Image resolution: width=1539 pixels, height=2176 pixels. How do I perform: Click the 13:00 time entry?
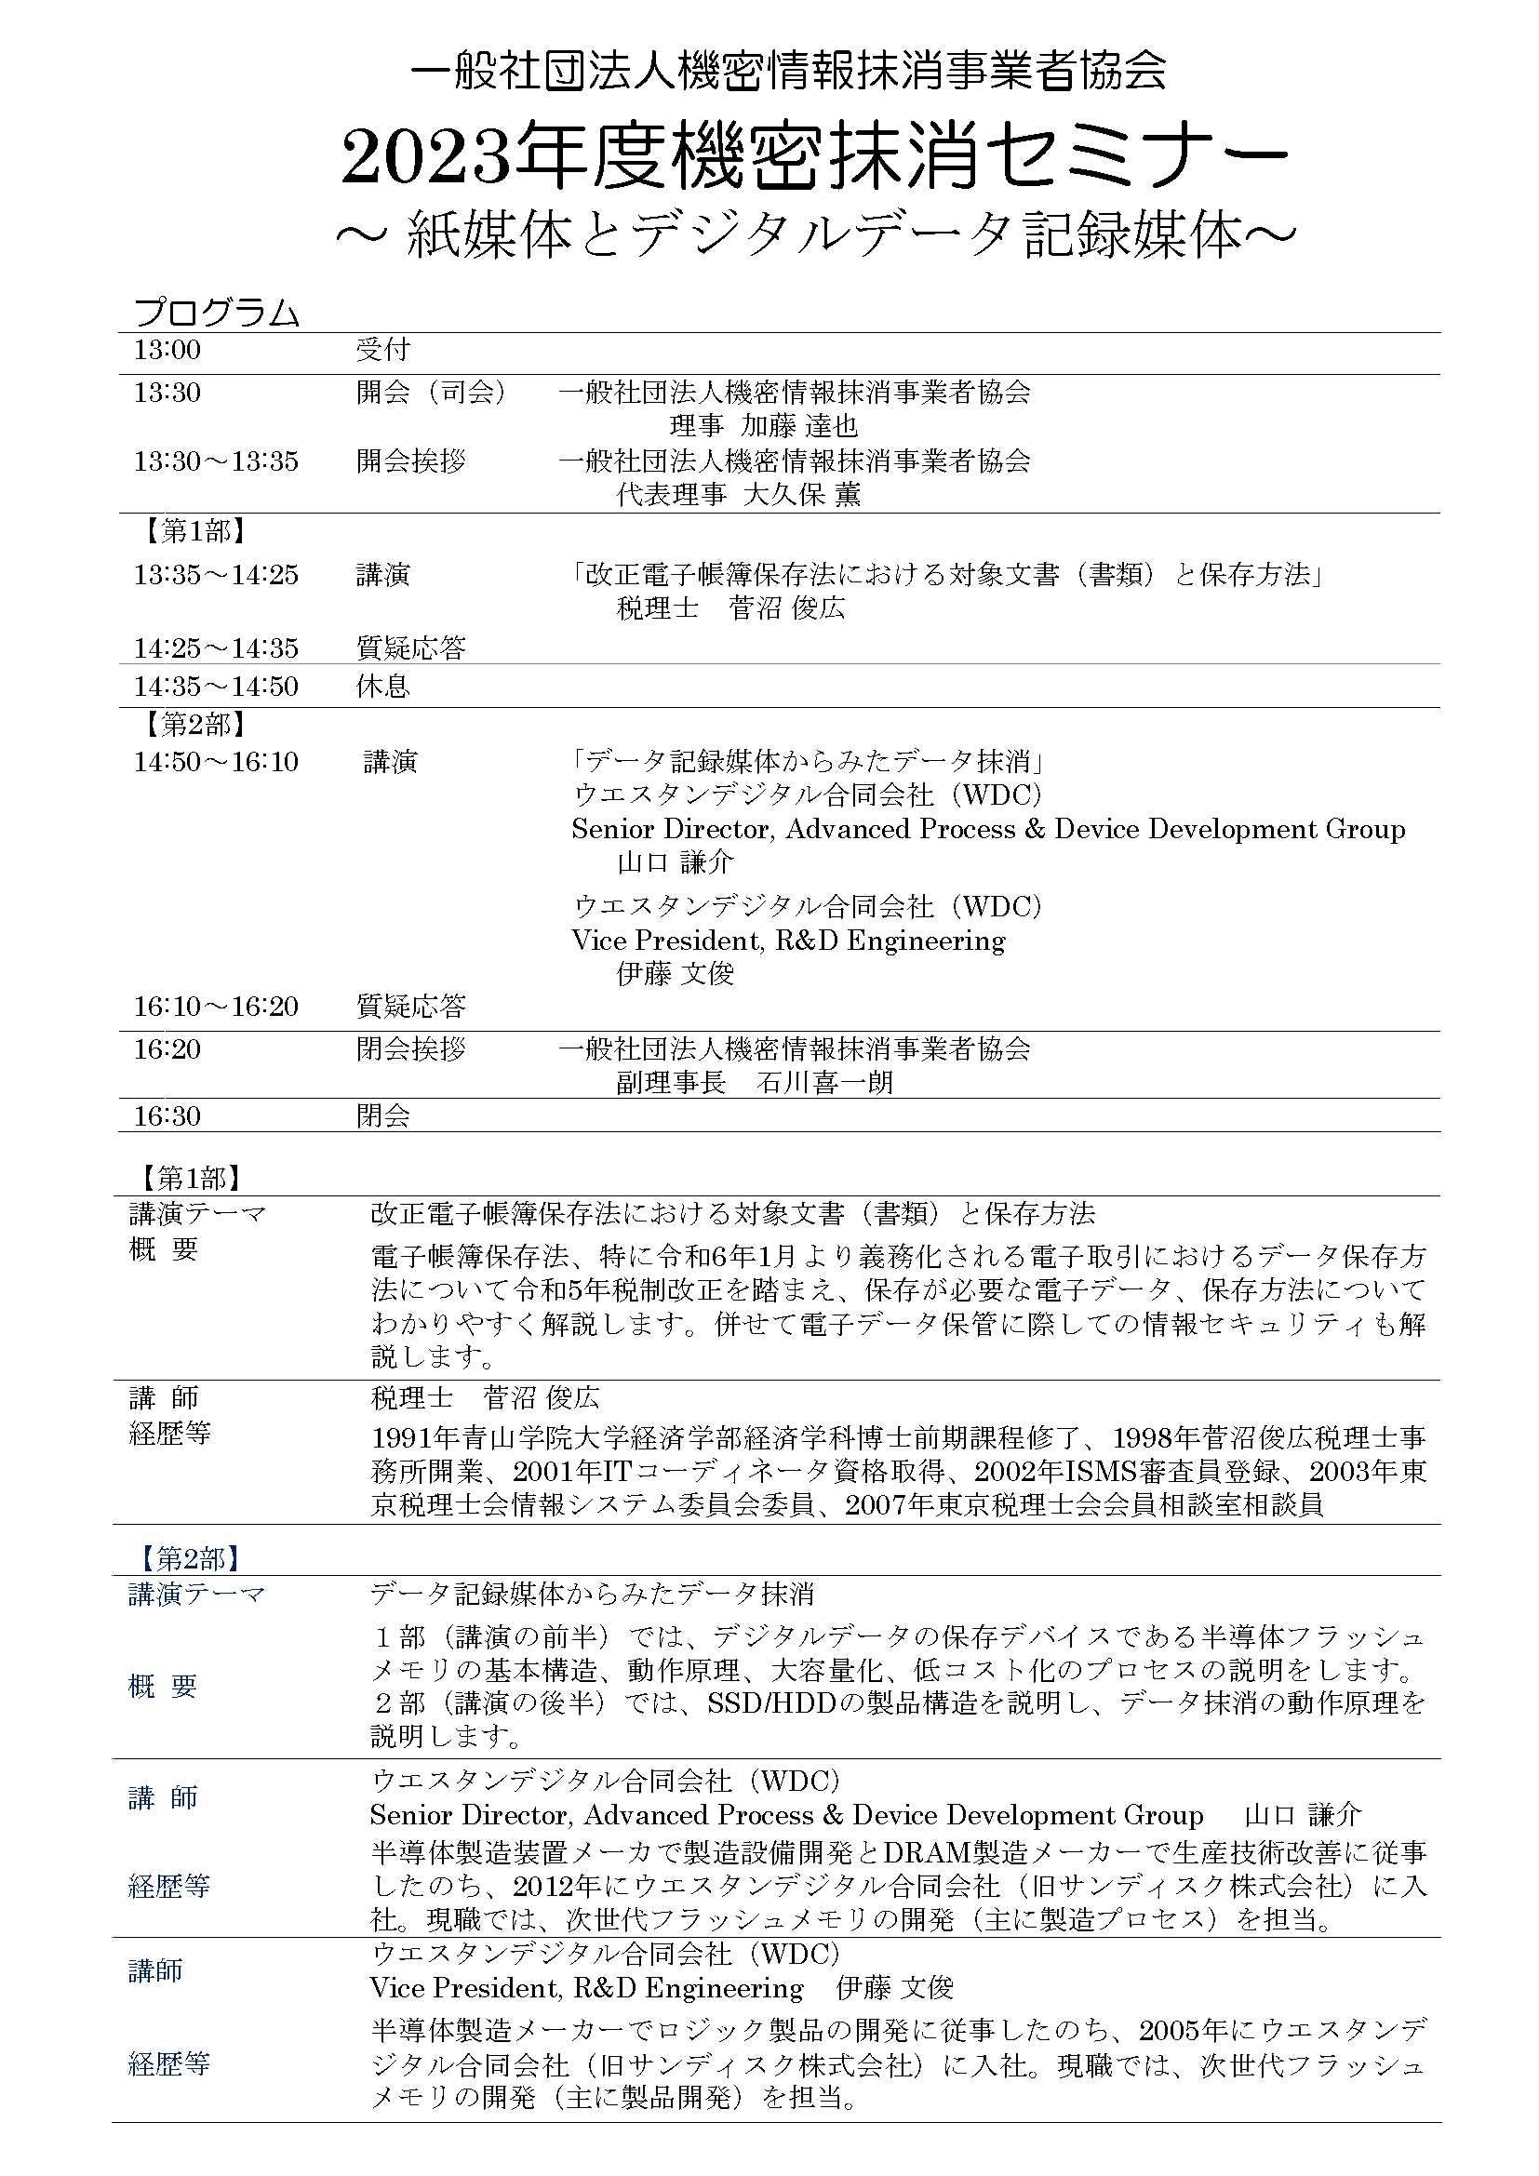pos(167,350)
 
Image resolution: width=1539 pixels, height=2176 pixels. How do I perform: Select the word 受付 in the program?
pos(382,350)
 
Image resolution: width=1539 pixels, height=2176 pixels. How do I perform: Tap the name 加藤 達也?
pos(800,425)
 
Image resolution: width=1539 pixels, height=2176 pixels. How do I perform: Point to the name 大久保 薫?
pos(802,494)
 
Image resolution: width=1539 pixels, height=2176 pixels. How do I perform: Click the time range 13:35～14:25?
pos(216,574)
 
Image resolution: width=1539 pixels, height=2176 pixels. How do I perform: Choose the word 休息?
pos(382,687)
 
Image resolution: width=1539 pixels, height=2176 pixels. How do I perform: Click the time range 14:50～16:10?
pos(216,761)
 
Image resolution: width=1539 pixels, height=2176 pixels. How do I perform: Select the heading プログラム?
pos(217,313)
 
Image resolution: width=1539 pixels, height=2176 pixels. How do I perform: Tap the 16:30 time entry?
pos(167,1115)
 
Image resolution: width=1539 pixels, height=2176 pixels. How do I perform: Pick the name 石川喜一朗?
pos(825,1082)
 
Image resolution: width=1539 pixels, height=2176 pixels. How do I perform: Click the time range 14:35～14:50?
pos(216,687)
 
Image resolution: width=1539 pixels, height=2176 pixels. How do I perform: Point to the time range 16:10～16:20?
pos(216,1007)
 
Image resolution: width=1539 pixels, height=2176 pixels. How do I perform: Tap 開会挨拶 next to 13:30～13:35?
pos(410,461)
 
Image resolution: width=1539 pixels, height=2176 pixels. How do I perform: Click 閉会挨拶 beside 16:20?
pos(410,1049)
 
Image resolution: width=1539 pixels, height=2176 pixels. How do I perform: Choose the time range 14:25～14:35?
pos(216,648)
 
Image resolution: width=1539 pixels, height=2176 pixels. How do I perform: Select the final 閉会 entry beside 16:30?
pos(382,1115)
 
